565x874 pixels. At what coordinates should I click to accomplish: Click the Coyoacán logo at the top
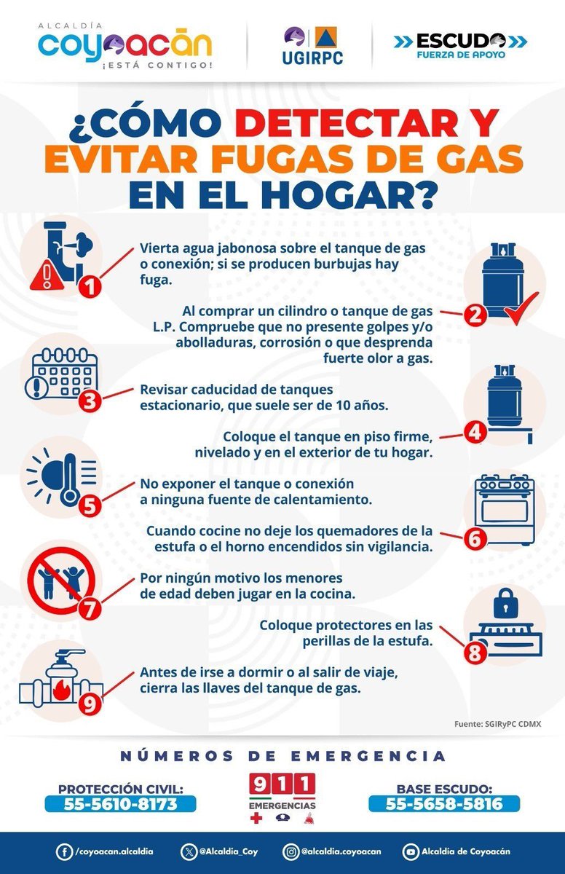125,45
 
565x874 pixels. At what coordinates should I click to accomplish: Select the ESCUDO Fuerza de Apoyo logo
461,44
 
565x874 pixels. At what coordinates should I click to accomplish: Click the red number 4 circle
475,431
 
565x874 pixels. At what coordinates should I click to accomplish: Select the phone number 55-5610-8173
120,804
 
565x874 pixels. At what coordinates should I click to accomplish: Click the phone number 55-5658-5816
444,804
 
